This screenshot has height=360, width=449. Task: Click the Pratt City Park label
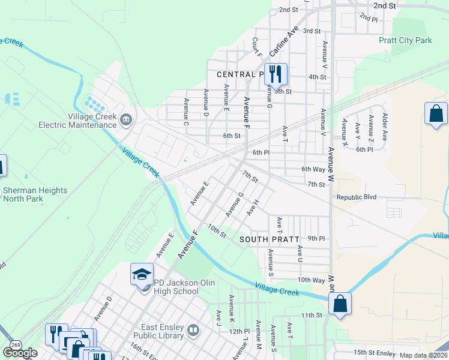coord(405,41)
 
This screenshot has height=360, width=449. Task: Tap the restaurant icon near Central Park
coord(276,74)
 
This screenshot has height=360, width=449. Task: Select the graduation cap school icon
coord(142,275)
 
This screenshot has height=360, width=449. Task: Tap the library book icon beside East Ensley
coord(193,330)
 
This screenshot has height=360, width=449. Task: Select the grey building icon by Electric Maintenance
coord(125,121)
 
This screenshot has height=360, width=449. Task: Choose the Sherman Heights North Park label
coord(35,194)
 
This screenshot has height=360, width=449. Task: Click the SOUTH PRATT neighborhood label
coord(269,239)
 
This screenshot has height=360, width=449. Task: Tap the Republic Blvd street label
coord(356,197)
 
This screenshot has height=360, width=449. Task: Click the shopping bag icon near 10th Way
coord(340,304)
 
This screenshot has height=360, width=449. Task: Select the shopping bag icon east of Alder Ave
coord(436,114)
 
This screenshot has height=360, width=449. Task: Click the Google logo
coord(20,353)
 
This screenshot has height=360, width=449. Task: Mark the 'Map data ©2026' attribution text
coord(424,355)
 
